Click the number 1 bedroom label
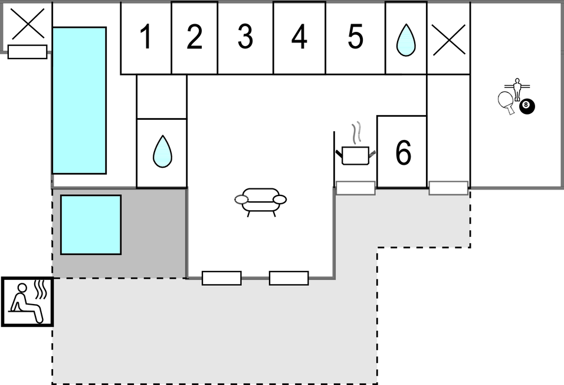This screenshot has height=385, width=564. (146, 37)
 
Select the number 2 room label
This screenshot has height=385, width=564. (195, 37)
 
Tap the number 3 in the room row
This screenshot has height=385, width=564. (245, 37)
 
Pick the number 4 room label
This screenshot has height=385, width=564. (299, 37)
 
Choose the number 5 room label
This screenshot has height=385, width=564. (355, 37)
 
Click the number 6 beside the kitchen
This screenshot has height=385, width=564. (403, 152)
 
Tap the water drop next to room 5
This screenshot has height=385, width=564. (406, 40)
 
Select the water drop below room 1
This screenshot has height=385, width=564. (162, 151)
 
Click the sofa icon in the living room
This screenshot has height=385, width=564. (260, 202)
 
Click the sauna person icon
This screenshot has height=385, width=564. (28, 302)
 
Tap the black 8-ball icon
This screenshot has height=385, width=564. (527, 107)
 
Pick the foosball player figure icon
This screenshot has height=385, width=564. (517, 89)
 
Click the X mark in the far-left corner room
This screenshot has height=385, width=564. (28, 24)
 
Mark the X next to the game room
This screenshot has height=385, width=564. (449, 40)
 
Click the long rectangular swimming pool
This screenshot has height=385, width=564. (79, 100)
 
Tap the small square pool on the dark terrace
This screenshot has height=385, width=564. (91, 225)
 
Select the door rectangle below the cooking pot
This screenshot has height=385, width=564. (355, 188)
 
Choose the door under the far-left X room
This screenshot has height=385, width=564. (27, 52)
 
